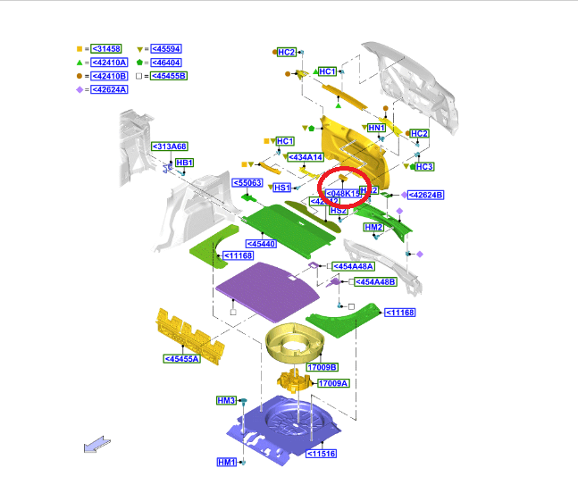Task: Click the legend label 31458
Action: [107, 48]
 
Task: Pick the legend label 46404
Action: [167, 63]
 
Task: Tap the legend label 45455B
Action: [169, 76]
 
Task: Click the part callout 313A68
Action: [169, 146]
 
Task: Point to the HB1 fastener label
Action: [184, 163]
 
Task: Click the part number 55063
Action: [247, 183]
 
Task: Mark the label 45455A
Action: [182, 359]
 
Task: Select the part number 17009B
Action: [322, 367]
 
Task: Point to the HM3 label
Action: [226, 400]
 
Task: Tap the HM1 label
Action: [226, 462]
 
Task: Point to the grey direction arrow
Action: [96, 444]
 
